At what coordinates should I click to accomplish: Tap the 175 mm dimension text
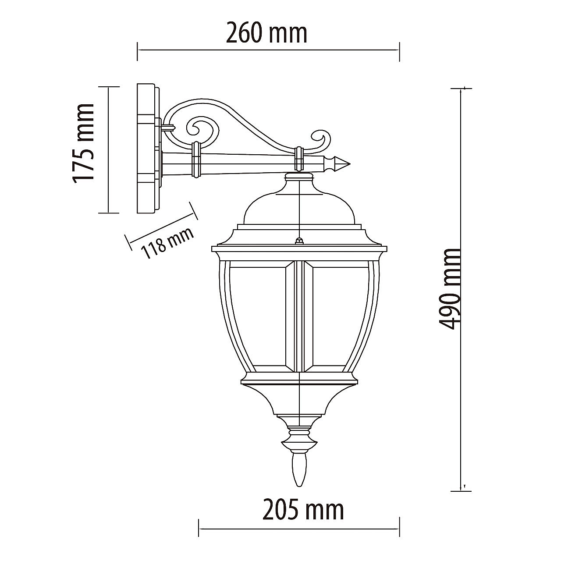point(83,143)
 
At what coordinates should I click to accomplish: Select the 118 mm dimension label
point(167,243)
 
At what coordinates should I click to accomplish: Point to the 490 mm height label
point(450,289)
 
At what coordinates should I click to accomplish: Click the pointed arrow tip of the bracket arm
point(349,164)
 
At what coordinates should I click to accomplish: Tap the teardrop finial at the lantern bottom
point(299,470)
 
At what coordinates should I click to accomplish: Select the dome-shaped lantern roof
point(299,205)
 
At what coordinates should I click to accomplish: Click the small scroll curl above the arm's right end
point(321,141)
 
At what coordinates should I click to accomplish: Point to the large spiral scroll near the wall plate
point(202,131)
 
